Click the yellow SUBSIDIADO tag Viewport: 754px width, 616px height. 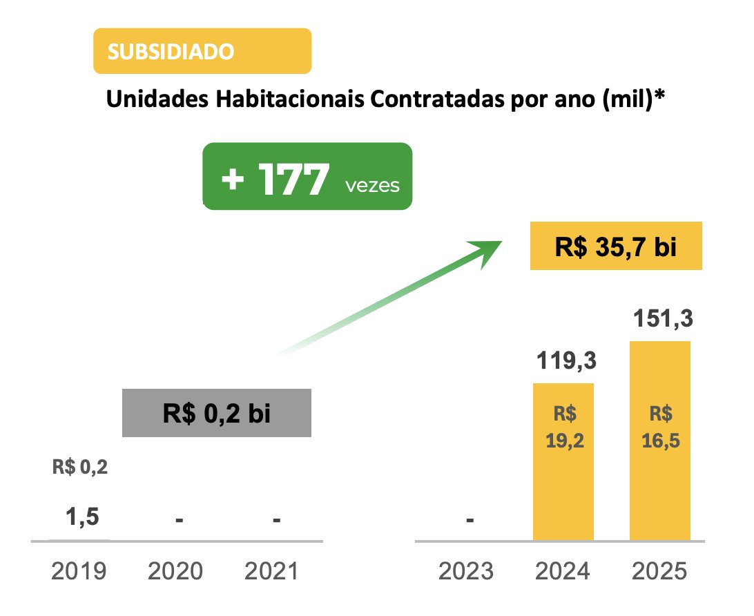pos(202,51)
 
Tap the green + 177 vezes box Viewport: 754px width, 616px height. pos(307,177)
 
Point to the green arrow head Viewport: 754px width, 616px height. pos(489,249)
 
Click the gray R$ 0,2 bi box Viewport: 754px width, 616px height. pos(216,414)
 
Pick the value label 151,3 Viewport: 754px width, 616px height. pos(659,320)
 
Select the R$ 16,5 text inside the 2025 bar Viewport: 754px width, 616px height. pos(659,427)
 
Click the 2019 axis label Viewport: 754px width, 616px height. pos(79,572)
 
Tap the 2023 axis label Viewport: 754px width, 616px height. pos(467,572)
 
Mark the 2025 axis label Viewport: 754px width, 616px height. pos(659,572)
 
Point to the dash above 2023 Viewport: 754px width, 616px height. pos(470,520)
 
